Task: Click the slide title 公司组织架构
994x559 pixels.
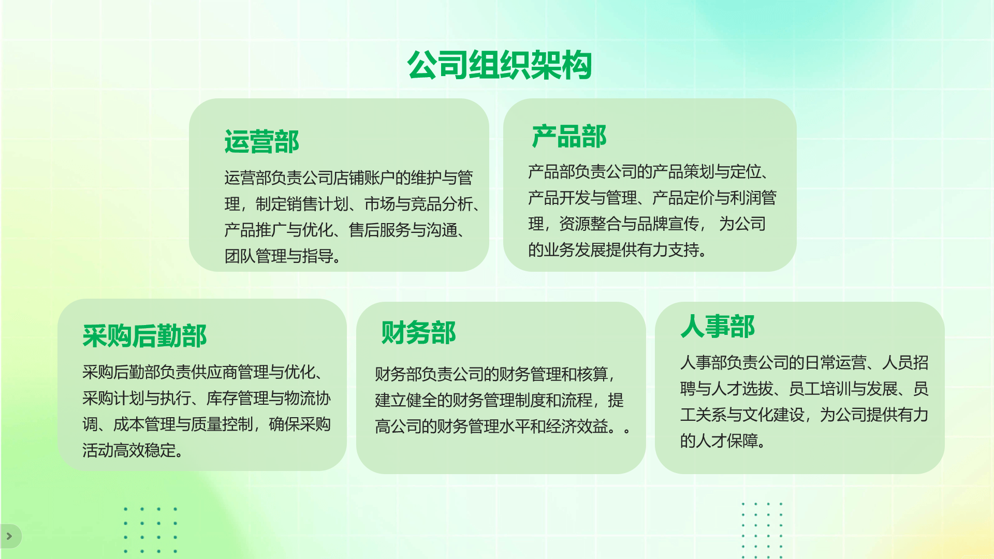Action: coord(499,65)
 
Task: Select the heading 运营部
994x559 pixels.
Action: coord(262,141)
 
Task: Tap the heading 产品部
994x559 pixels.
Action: coord(569,137)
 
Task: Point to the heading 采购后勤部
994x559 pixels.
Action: coord(144,335)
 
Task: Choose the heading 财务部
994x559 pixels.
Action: coord(418,332)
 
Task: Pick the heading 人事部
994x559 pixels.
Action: coord(718,326)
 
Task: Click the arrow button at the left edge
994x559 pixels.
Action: coord(9,536)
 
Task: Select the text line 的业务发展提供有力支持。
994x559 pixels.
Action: coord(618,250)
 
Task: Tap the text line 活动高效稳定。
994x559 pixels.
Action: coord(133,450)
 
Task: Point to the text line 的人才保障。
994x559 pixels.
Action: coord(723,441)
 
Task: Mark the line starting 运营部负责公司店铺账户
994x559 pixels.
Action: coord(348,178)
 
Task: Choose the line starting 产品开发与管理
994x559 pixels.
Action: coord(652,197)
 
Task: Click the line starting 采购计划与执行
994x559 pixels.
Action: coord(207,398)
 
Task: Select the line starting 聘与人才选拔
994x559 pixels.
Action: coord(805,388)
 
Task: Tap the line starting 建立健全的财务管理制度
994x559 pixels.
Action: coord(499,400)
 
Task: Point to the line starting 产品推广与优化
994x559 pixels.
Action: coord(345,230)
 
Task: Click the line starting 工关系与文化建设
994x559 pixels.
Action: coord(805,415)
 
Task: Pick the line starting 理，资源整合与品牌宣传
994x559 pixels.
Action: coord(647,224)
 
